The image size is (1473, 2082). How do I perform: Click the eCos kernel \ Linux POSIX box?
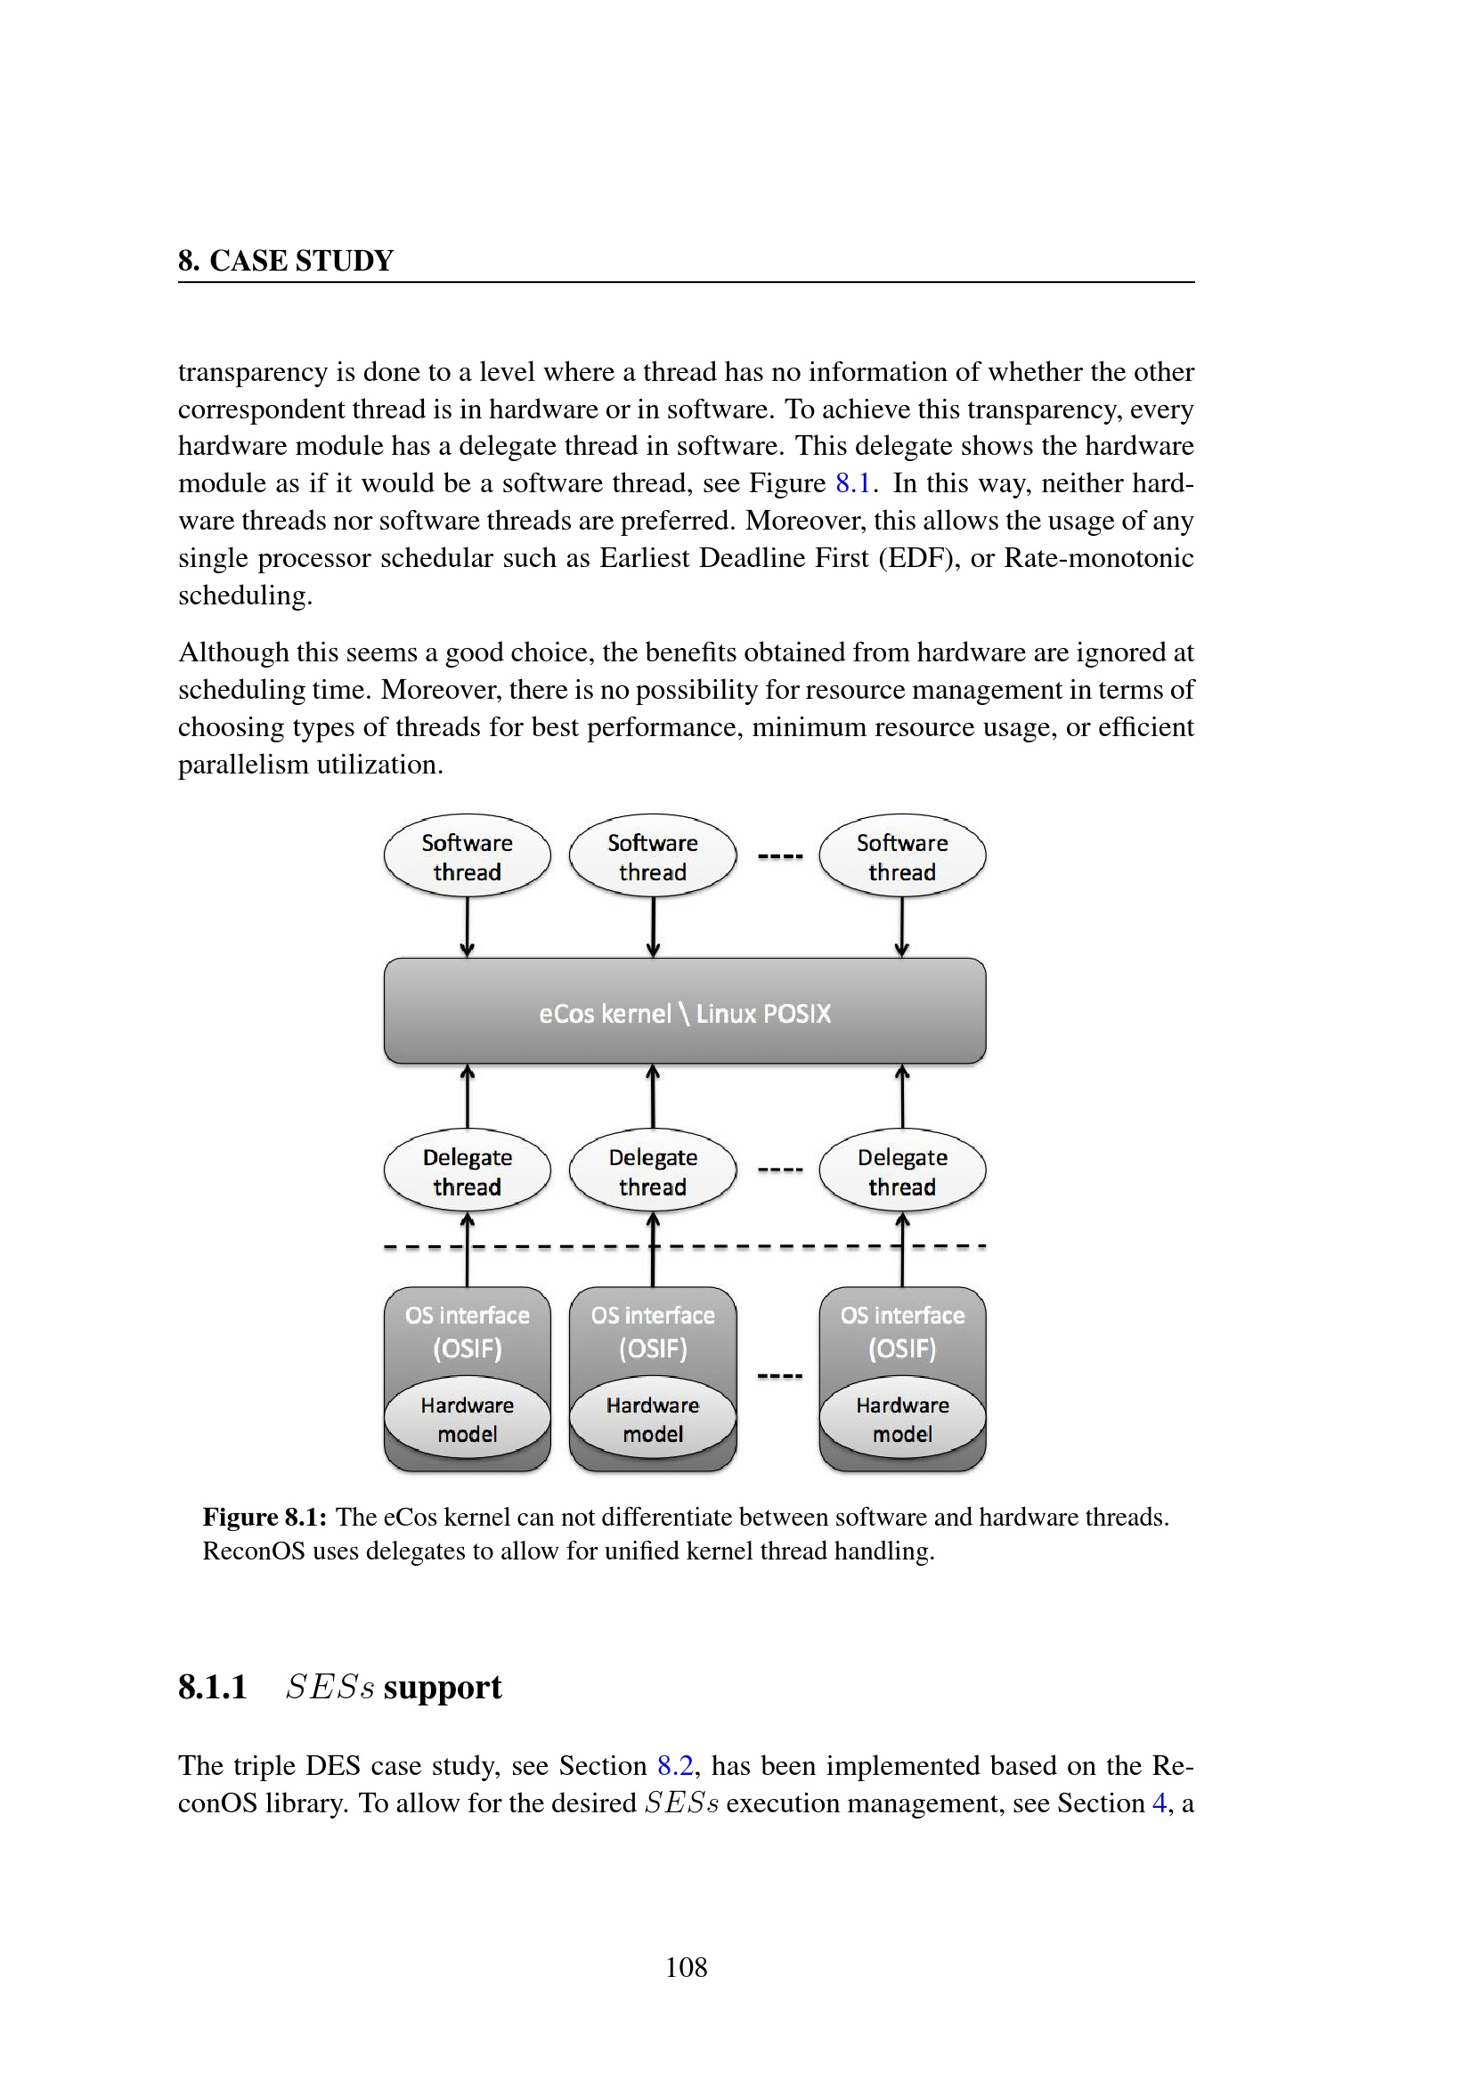(685, 1011)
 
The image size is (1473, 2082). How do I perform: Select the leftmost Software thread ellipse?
(468, 856)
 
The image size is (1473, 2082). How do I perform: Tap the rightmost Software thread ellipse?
(901, 856)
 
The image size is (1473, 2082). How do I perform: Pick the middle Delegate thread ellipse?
(652, 1171)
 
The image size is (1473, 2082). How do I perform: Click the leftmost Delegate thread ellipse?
(468, 1171)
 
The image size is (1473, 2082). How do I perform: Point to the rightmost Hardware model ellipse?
(901, 1418)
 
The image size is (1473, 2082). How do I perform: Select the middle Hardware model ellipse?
(652, 1418)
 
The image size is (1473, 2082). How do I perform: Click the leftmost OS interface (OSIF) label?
(468, 1331)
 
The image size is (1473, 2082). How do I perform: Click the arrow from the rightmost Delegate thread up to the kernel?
(901, 1097)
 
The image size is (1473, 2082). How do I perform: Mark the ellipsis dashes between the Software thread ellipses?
(780, 856)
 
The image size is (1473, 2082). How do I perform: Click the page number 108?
(687, 1967)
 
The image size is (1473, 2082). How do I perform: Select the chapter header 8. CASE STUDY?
(286, 261)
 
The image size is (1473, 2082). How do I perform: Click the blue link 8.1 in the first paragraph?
(852, 483)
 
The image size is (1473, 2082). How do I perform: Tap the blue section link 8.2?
(675, 1765)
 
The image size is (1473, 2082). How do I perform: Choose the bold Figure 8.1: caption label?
(264, 1517)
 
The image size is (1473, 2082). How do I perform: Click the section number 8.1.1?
(212, 1688)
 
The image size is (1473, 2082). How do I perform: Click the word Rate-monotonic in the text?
(1098, 558)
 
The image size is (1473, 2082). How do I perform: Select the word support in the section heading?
(442, 1688)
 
